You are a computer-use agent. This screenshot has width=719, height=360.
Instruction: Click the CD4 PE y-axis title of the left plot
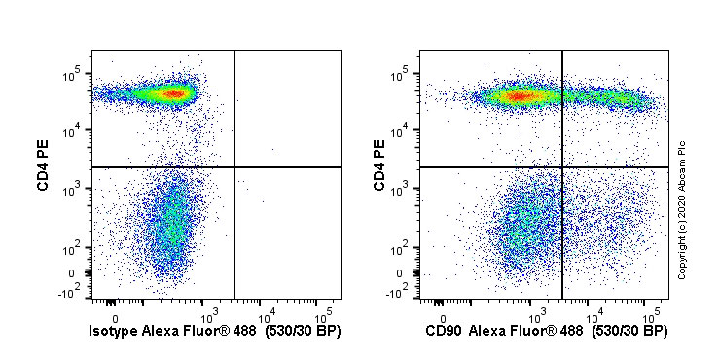[x=44, y=166]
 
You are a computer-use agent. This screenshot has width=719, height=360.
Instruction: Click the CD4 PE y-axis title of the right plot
[x=380, y=166]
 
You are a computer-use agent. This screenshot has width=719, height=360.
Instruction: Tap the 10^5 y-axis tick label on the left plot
[x=71, y=74]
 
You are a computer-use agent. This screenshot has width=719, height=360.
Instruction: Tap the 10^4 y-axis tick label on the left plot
[x=71, y=131]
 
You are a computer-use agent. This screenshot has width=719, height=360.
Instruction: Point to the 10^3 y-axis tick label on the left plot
[x=71, y=190]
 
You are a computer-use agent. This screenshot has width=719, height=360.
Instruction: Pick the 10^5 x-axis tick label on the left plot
[x=325, y=313]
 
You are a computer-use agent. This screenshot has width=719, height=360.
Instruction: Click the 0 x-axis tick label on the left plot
[x=116, y=317]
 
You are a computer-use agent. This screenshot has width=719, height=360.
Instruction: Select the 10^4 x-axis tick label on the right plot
[x=595, y=313]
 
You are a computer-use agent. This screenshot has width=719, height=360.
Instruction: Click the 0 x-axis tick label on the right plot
[x=443, y=317]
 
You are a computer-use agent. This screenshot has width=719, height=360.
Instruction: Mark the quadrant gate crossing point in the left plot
[x=235, y=167]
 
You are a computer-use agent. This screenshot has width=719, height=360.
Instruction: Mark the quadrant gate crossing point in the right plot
[x=562, y=167]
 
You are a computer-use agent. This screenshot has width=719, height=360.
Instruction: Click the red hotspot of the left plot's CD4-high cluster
[x=174, y=93]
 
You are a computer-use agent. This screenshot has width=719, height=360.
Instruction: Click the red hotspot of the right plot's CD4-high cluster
[x=519, y=95]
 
